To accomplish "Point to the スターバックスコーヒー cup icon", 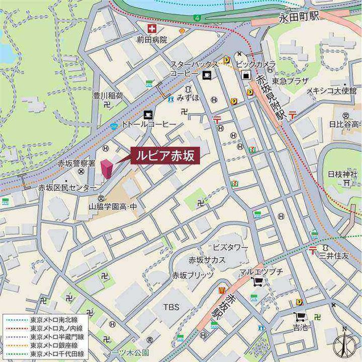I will [206, 75].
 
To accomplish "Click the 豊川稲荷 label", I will [108, 95].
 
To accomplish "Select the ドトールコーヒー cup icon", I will [148, 114].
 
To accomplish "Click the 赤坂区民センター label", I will [67, 187].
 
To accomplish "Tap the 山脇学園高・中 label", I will [113, 206].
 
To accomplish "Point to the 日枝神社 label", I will [342, 174].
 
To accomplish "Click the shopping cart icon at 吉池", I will [300, 316].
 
